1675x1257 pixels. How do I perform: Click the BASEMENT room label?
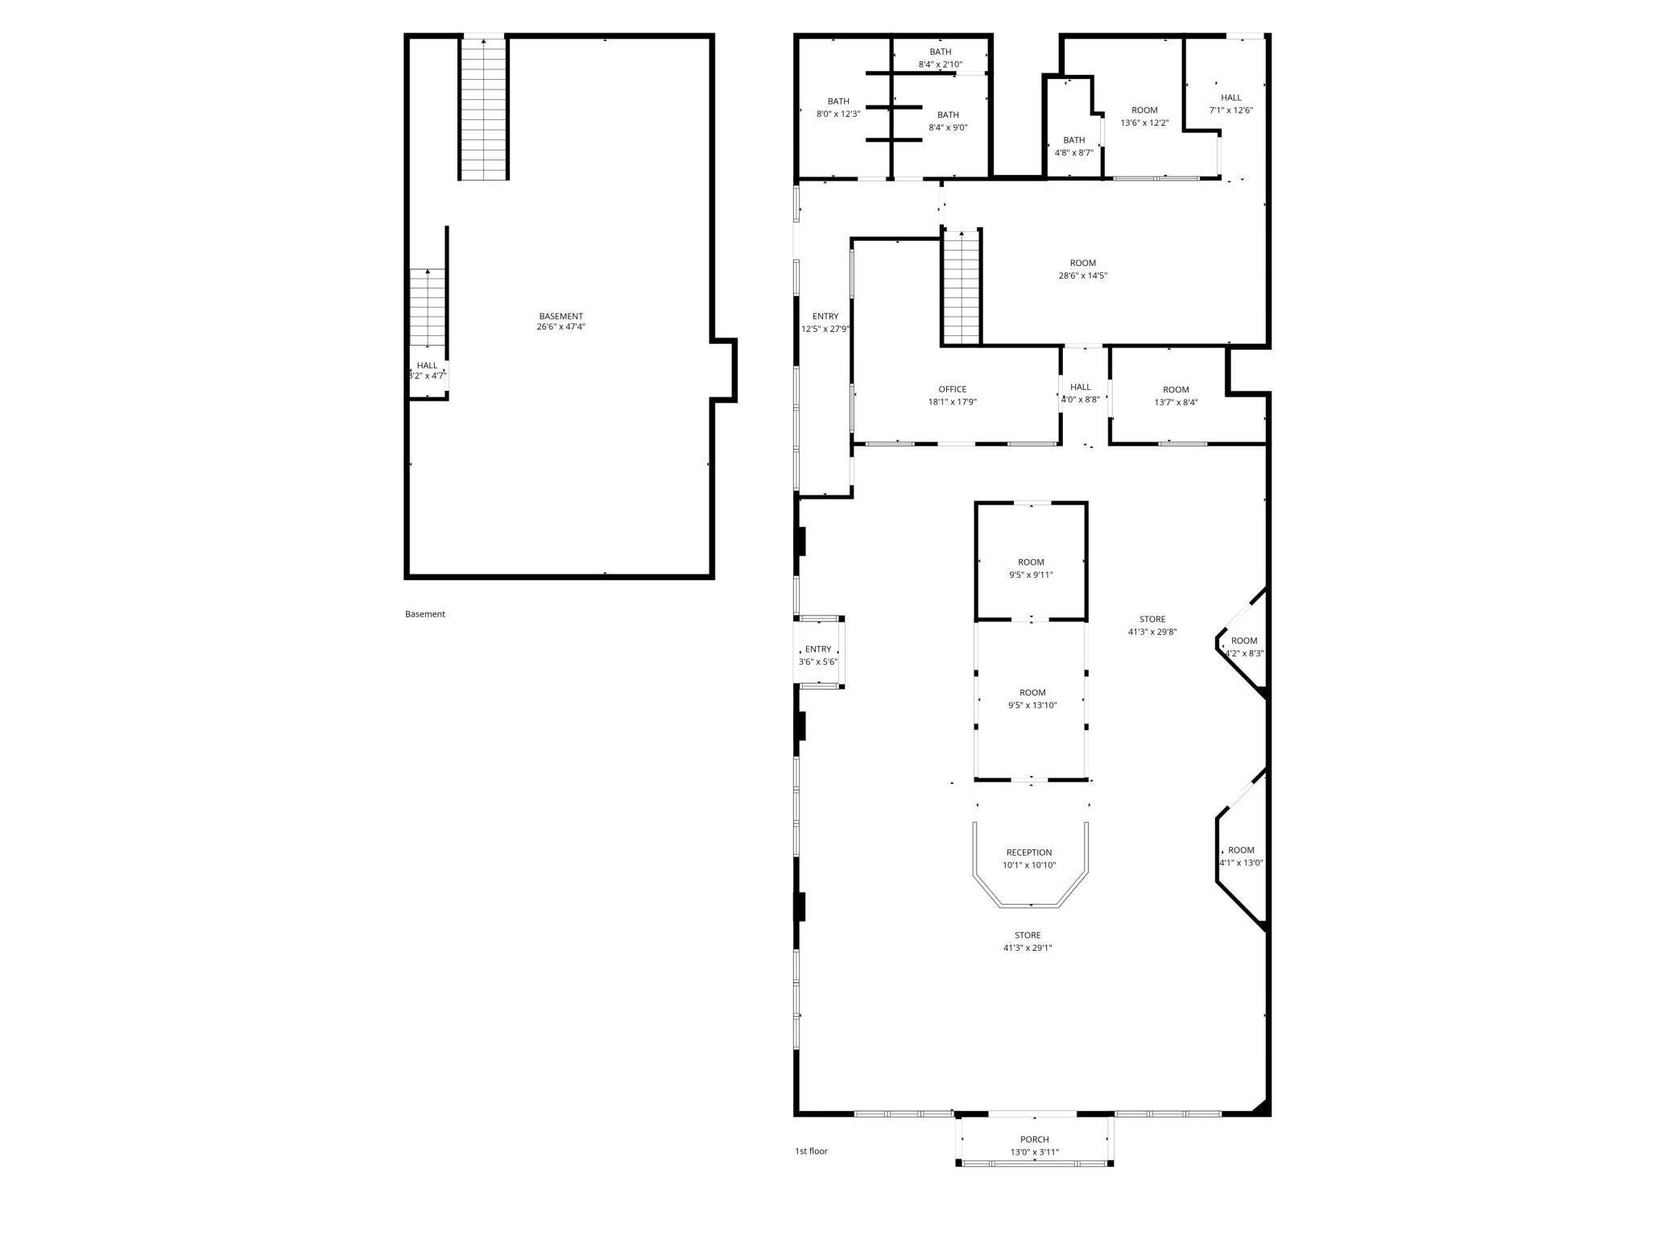coord(560,317)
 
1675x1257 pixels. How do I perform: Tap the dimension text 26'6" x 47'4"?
coord(560,327)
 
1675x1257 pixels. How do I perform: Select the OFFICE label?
coord(952,390)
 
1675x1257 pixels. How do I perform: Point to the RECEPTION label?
coord(1028,853)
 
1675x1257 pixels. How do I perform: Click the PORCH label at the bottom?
coord(1034,1139)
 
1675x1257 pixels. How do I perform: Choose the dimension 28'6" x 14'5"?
coord(1082,276)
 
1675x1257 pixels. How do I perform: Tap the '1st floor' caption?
coord(811,1151)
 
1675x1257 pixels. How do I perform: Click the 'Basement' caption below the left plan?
coord(424,614)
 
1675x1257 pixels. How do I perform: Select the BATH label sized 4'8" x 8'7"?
coord(1073,140)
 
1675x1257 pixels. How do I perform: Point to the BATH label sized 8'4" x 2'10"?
coord(940,52)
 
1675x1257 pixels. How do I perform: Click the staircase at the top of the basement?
coord(484,109)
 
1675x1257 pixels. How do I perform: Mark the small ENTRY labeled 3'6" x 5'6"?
coord(817,649)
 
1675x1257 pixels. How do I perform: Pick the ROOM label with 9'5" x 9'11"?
coord(1031,562)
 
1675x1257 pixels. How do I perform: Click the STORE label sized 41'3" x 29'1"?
coord(1027,935)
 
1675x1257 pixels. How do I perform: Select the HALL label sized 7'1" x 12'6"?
coord(1230,98)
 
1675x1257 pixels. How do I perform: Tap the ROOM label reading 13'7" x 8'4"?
coord(1176,390)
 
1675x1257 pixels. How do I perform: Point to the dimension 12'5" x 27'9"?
coord(825,329)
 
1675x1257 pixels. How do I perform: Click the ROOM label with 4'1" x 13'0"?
coord(1241,850)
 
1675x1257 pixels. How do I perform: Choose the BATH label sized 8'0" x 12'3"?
coord(838,102)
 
